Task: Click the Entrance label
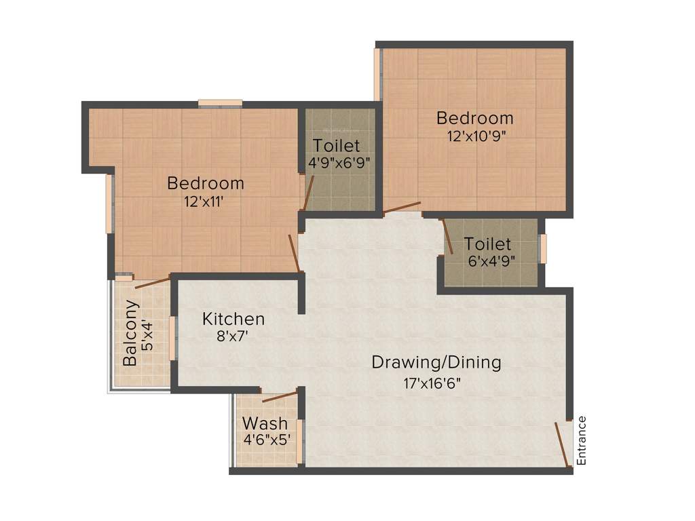pyautogui.click(x=581, y=440)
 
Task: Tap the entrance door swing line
pyautogui.click(x=562, y=444)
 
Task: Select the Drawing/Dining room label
pyautogui.click(x=436, y=362)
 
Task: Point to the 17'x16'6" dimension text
pyautogui.click(x=432, y=383)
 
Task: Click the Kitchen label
pyautogui.click(x=233, y=319)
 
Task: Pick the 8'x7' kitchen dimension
pyautogui.click(x=226, y=336)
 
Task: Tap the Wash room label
pyautogui.click(x=265, y=424)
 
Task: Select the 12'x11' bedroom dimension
pyautogui.click(x=204, y=201)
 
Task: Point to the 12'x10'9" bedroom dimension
pyautogui.click(x=476, y=136)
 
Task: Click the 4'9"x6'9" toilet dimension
pyautogui.click(x=338, y=163)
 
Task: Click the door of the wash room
pyautogui.click(x=280, y=397)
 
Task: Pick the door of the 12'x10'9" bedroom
pyautogui.click(x=402, y=208)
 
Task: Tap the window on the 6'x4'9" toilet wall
pyautogui.click(x=543, y=249)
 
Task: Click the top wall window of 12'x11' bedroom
pyautogui.click(x=220, y=103)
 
